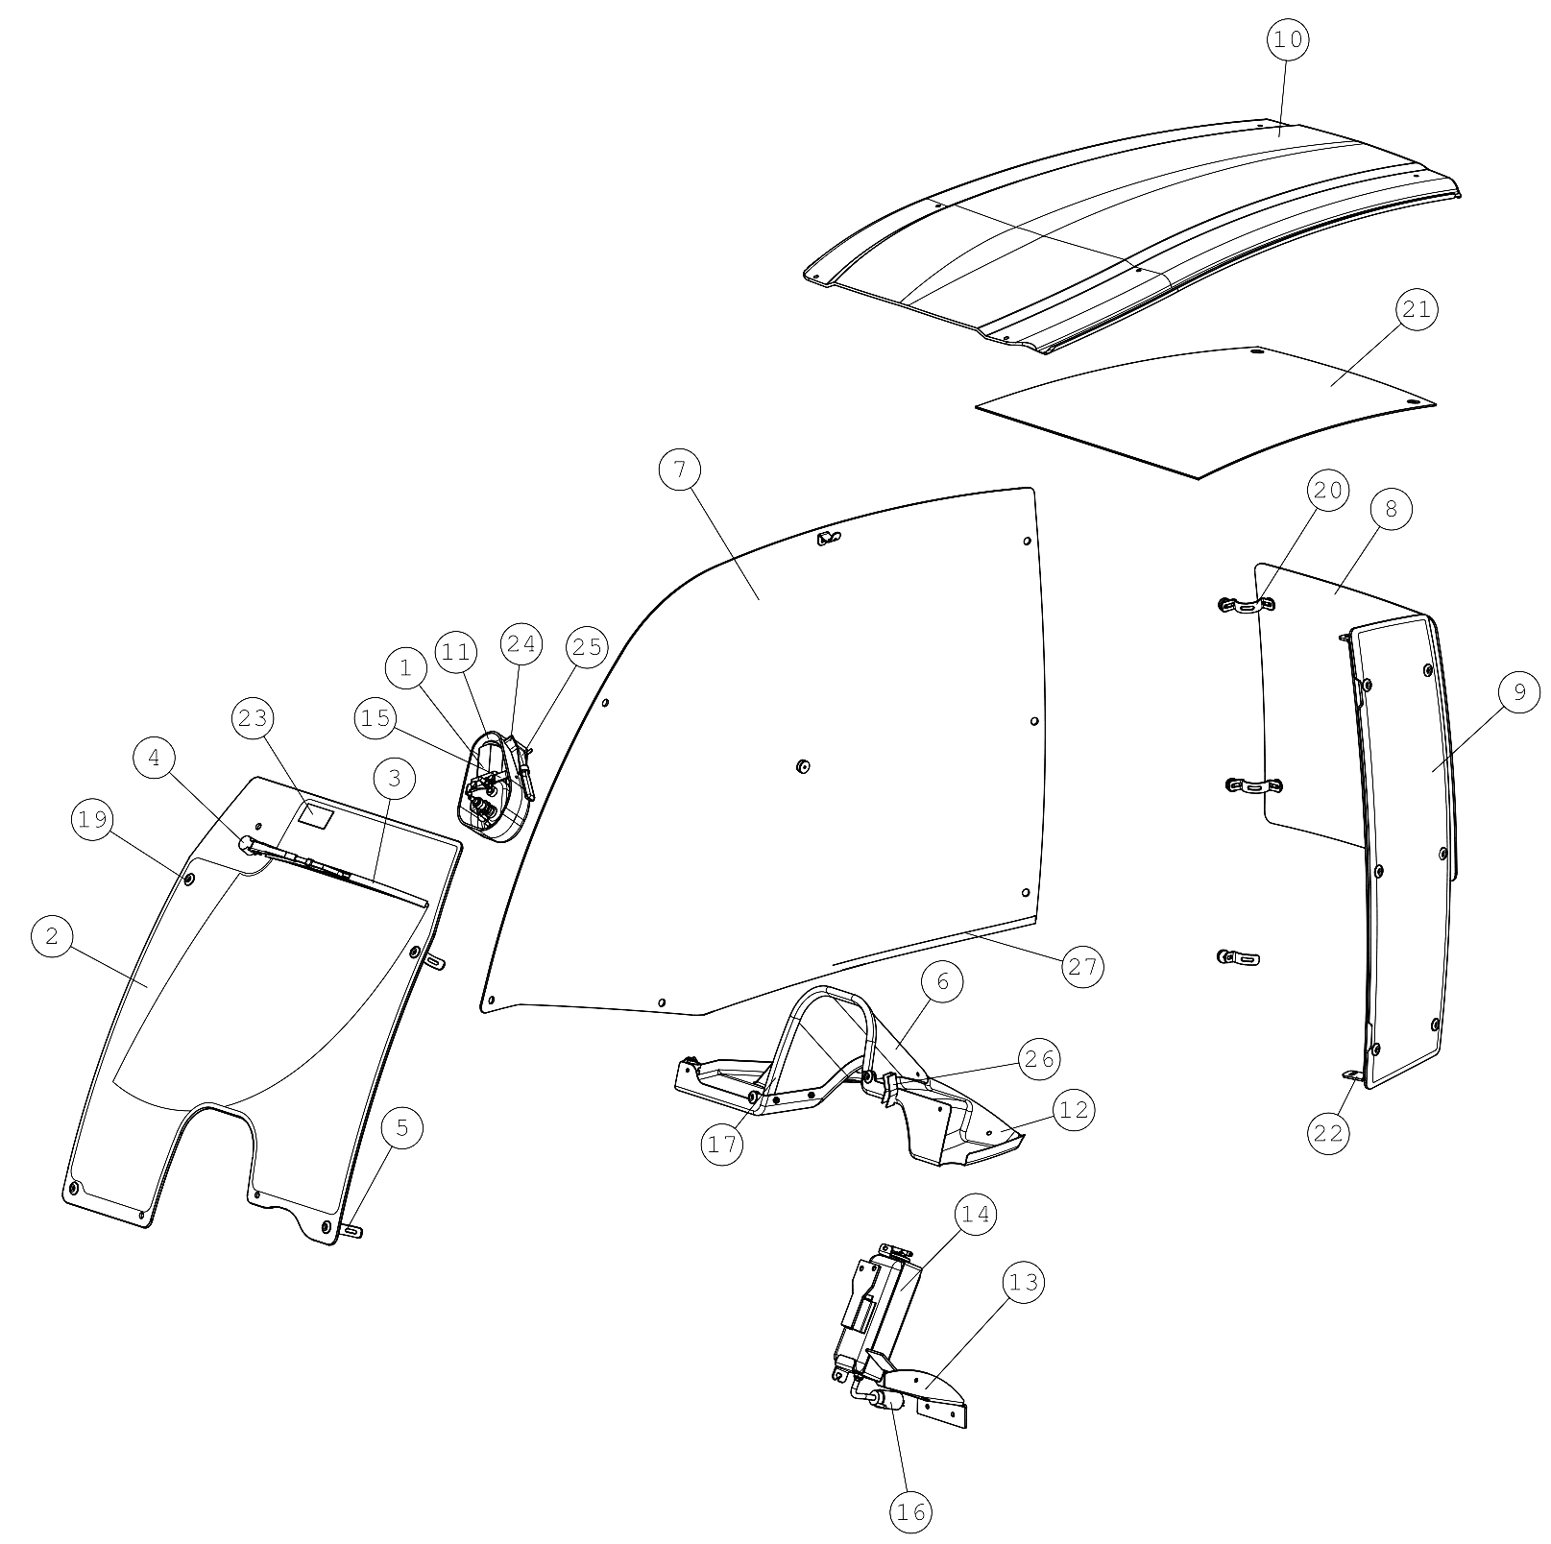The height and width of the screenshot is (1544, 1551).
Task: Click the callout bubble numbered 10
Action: [1288, 39]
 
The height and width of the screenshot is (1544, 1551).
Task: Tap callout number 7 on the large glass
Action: [681, 470]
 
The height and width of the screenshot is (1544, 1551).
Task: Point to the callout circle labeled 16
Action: [910, 1512]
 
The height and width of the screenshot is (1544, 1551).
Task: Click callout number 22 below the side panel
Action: [1329, 1133]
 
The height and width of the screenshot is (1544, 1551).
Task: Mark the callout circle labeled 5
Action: [402, 1128]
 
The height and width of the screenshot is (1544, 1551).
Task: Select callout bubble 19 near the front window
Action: [92, 819]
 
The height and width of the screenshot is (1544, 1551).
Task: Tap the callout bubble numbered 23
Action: [253, 718]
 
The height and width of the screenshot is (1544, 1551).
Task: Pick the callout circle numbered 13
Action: [1024, 1283]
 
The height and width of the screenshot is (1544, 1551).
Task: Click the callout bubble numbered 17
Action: [722, 1144]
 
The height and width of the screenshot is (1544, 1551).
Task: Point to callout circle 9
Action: [1518, 692]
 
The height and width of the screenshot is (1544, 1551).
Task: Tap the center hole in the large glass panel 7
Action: [803, 765]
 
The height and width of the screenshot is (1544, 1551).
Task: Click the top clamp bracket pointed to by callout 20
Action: [1247, 605]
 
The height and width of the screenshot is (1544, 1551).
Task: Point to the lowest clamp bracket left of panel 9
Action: [1238, 957]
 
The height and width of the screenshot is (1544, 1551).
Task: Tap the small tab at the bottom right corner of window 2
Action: [352, 1231]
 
